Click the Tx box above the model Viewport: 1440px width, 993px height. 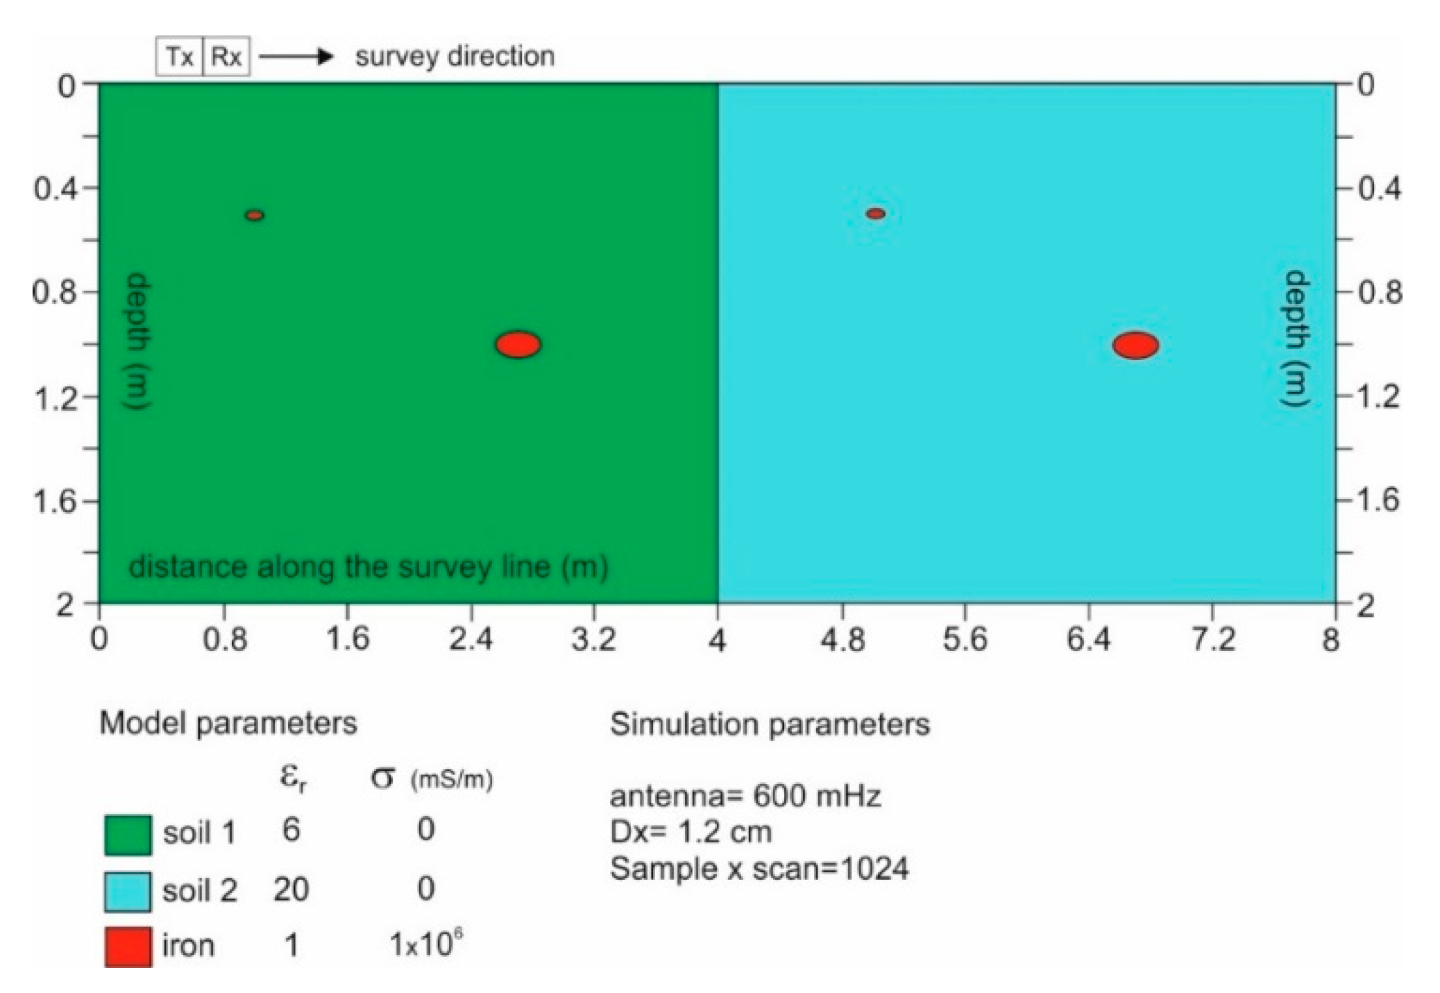coord(179,56)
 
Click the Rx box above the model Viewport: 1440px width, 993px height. coord(226,56)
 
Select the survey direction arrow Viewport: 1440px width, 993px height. coord(296,56)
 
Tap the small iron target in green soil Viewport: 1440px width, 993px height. coord(255,215)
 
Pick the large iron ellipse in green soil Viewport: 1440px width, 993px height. coord(518,344)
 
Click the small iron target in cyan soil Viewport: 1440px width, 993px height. coord(876,214)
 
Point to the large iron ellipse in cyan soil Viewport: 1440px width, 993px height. coord(1135,345)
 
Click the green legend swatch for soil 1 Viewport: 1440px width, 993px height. coord(128,834)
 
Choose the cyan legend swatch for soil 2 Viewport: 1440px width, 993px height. coord(128,891)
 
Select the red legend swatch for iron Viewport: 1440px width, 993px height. coord(128,947)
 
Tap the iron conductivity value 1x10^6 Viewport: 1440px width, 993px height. coord(425,944)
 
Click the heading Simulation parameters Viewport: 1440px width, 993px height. coord(770,724)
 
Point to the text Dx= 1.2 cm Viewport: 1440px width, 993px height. coord(691,832)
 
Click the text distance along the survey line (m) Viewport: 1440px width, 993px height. coord(369,567)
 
